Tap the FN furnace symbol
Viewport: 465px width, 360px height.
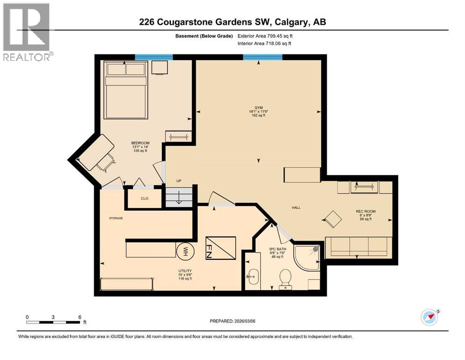(x=221, y=248)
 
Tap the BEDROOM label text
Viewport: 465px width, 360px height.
(x=140, y=143)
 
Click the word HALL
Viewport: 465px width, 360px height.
(x=296, y=208)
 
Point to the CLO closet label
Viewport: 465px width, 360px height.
(x=145, y=198)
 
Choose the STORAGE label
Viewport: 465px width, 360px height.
(x=116, y=218)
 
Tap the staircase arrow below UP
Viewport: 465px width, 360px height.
(x=179, y=198)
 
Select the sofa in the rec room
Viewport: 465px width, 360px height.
(x=358, y=247)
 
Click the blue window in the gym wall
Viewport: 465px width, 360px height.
(x=262, y=57)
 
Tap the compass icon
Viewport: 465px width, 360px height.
(x=430, y=317)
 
